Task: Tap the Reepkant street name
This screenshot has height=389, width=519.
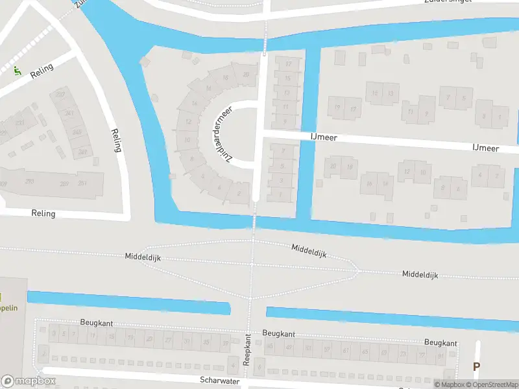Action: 247,351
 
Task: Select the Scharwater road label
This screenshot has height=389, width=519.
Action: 221,381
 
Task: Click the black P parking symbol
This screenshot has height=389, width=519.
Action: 476,367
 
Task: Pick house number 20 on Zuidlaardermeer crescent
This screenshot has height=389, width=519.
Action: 245,75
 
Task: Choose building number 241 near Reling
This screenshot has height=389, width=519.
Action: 69,113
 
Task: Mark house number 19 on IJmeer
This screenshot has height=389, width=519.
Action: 337,108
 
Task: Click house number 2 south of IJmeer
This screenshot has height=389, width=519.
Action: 496,175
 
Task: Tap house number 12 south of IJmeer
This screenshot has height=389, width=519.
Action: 407,171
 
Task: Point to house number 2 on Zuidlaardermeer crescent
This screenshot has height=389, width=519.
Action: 239,193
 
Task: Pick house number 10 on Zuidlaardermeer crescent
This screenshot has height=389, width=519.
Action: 187,139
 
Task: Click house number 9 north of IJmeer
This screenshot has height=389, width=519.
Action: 285,121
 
